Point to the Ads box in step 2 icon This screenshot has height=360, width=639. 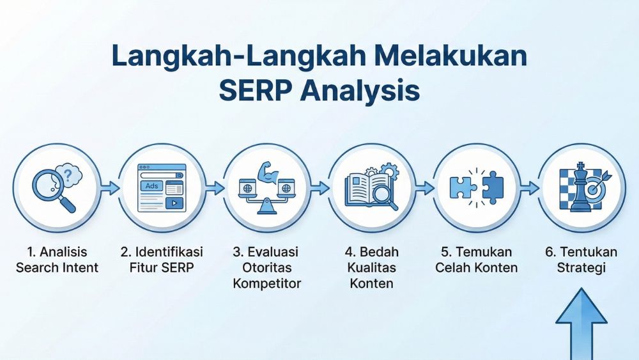click(x=152, y=186)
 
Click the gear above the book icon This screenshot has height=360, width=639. click(x=387, y=171)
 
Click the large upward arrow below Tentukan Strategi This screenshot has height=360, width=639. click(x=580, y=323)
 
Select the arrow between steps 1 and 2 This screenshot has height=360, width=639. click(x=109, y=188)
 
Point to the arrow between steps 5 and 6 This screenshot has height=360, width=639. click(x=528, y=188)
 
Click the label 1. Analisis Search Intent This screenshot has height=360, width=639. click(x=57, y=260)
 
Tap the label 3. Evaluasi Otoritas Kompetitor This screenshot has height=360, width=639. click(x=266, y=267)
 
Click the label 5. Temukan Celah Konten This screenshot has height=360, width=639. click(x=476, y=260)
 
